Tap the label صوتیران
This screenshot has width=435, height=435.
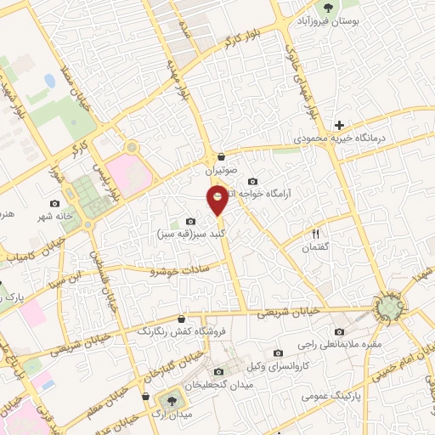point(221,171)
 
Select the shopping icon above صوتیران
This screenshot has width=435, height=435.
point(221,156)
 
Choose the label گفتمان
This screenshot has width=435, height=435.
point(315,247)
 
